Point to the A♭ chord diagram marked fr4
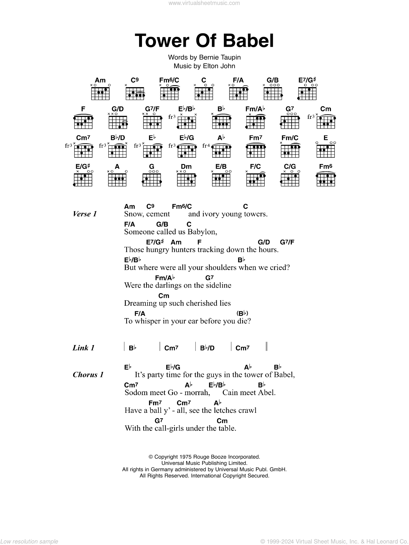(x=221, y=150)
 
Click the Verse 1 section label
(x=85, y=214)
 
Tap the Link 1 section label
(x=84, y=348)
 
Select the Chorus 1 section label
(x=88, y=375)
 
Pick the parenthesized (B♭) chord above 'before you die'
(x=242, y=313)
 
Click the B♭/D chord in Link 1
(x=207, y=348)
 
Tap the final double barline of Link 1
(x=267, y=346)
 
